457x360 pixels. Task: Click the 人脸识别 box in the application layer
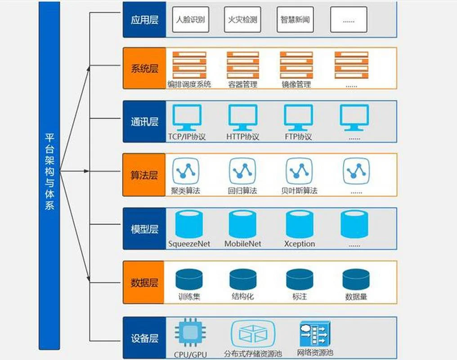tap(191, 19)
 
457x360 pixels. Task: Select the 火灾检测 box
tap(242, 19)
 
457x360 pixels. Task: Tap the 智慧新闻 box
tap(295, 19)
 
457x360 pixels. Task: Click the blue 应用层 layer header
tap(144, 19)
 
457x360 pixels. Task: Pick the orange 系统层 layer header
tap(144, 68)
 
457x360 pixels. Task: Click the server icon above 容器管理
tap(243, 65)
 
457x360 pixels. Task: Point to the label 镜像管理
tap(296, 85)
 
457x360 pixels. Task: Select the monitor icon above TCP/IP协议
tap(187, 118)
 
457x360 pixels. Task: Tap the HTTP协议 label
tap(242, 137)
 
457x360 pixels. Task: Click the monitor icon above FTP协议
tap(299, 118)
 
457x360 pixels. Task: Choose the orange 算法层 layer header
tap(144, 175)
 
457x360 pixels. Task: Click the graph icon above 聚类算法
tap(186, 171)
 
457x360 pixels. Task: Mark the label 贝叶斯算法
tap(299, 191)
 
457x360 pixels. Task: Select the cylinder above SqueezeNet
tap(189, 225)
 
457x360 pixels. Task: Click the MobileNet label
tap(243, 244)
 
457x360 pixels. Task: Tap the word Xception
tap(300, 244)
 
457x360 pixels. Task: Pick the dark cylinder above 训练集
tap(189, 279)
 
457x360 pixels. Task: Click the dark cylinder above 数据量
tap(356, 279)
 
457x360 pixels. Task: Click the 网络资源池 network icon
tap(315, 334)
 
